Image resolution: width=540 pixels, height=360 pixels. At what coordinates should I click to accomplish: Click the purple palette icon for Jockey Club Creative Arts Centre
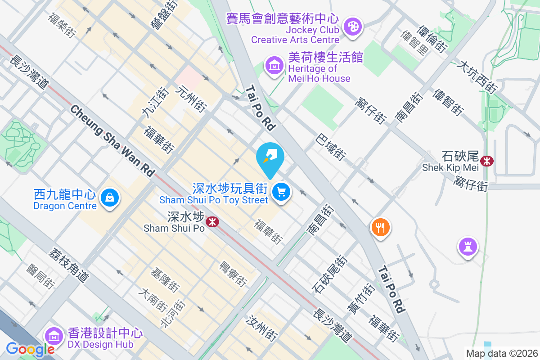(x=352, y=26)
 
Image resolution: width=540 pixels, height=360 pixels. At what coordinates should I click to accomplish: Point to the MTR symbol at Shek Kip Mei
(x=486, y=161)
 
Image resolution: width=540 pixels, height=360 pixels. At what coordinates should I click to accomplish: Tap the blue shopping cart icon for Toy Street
(x=282, y=192)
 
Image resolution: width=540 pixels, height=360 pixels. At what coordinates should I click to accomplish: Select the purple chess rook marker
(x=468, y=246)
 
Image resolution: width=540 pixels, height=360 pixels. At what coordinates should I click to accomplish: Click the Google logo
(x=30, y=349)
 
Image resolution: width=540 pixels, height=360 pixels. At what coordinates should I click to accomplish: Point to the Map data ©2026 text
(x=502, y=353)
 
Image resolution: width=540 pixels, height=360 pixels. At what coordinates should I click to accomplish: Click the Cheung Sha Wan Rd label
(x=112, y=140)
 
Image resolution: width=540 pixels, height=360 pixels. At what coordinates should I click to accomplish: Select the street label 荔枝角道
(x=70, y=265)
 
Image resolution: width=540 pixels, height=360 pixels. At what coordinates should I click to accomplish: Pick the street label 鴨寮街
(x=233, y=274)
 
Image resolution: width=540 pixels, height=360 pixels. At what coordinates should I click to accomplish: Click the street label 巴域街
(x=331, y=147)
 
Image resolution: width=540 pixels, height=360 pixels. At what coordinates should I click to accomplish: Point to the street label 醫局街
(x=40, y=276)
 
